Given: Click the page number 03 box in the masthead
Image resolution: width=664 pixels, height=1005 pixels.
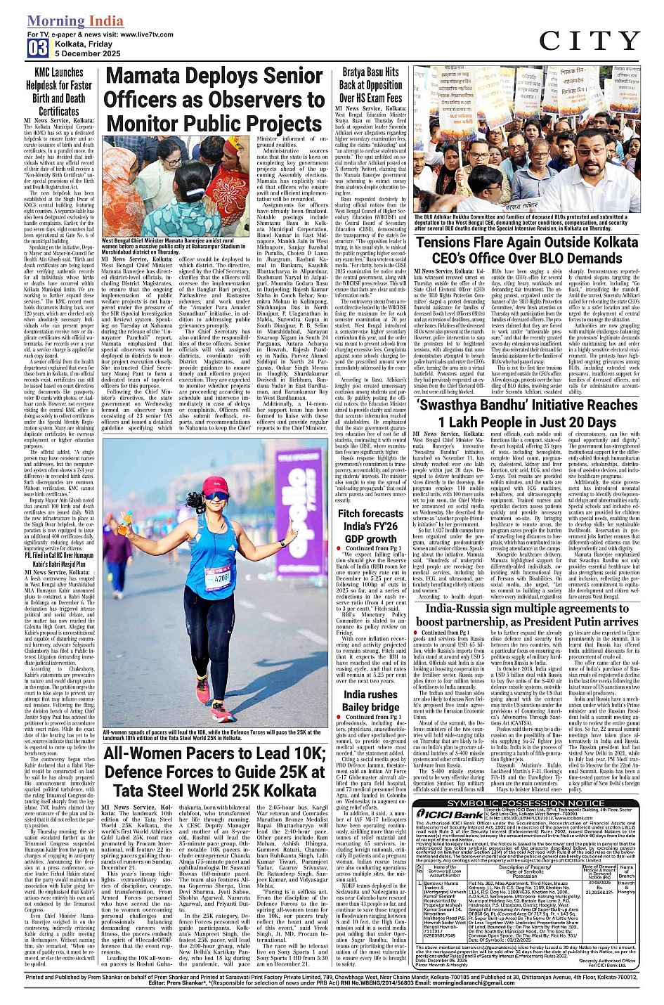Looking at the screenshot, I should coord(38,48).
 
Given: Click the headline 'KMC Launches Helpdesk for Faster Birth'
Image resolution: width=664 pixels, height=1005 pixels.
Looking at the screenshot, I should coord(59,91).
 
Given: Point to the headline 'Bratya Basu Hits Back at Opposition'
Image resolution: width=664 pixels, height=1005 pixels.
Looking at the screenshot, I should coord(370,84).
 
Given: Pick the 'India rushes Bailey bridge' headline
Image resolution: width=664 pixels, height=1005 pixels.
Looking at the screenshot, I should coord(370,701).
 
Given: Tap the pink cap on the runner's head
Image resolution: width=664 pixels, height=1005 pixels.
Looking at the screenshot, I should coord(216,484).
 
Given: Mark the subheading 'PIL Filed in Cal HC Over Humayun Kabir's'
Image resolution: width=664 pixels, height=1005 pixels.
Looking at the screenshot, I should coord(59,559).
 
